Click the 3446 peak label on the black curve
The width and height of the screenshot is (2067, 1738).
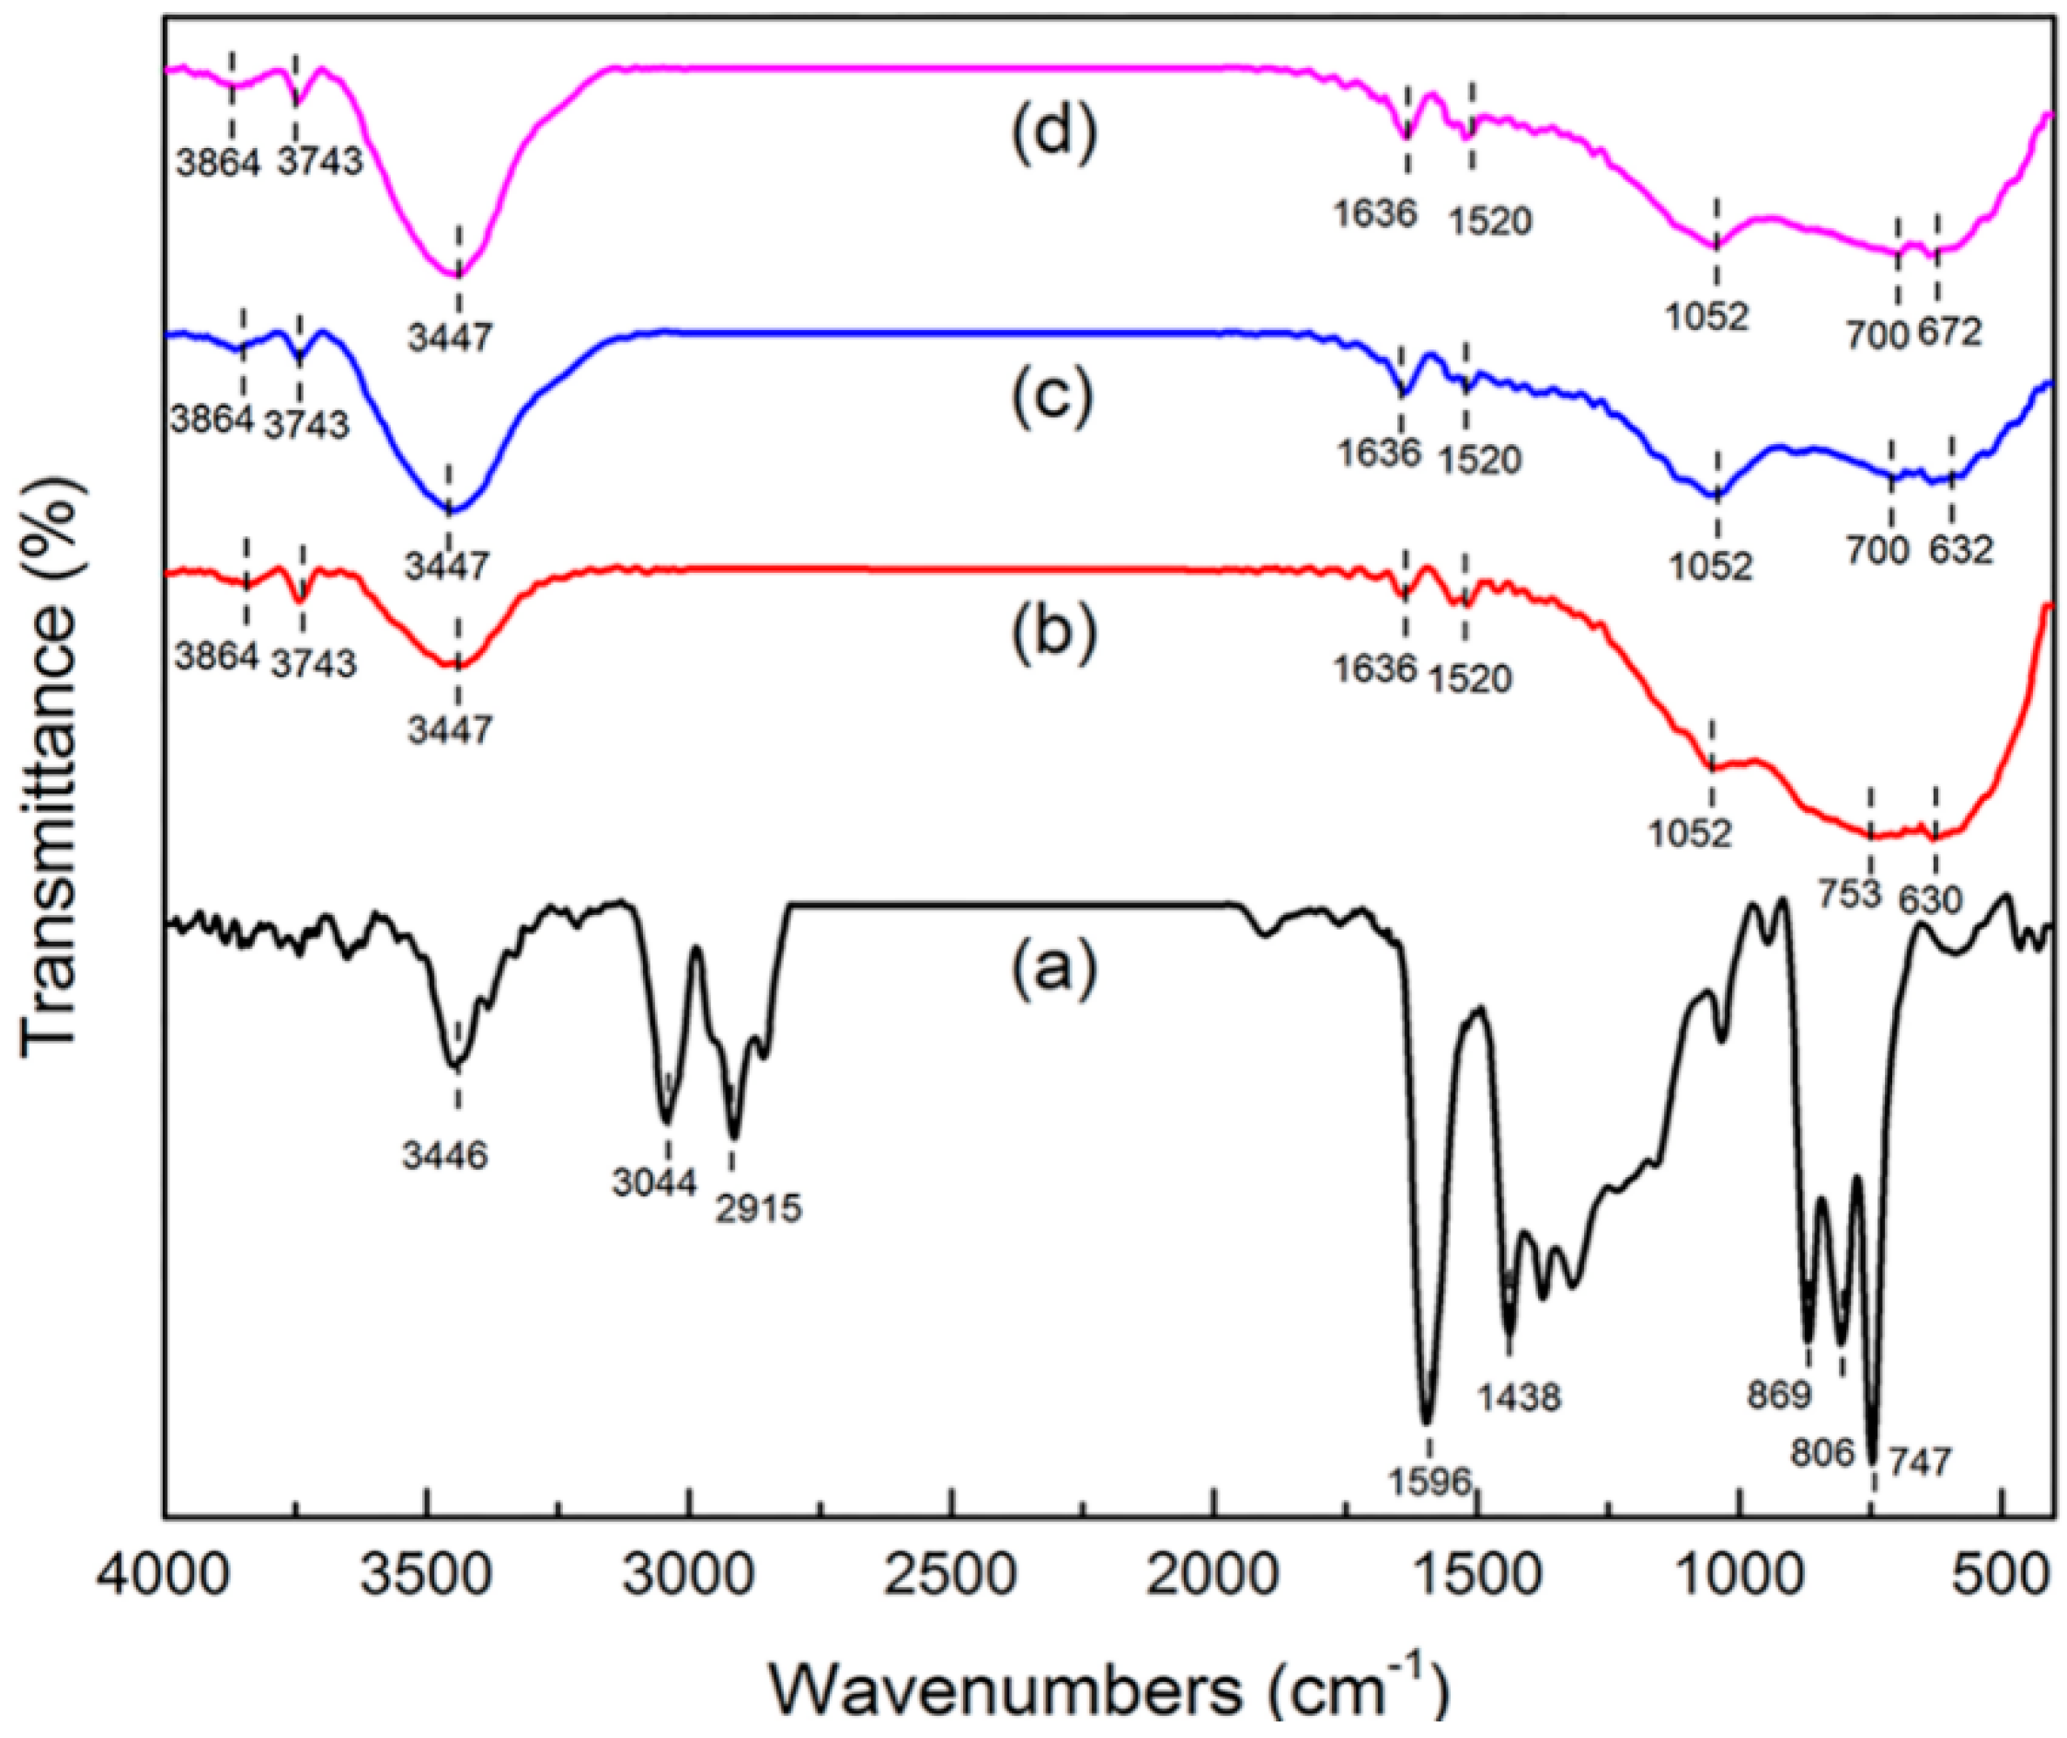pos(443,1155)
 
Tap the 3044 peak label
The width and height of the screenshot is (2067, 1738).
pos(653,1182)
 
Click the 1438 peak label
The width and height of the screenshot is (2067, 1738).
pos(1519,1397)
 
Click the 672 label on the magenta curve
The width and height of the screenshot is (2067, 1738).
pos(1948,333)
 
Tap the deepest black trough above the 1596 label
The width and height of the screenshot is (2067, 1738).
pos(1427,1420)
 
